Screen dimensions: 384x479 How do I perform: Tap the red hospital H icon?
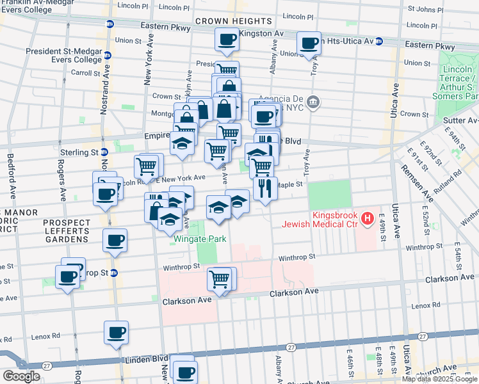(368, 219)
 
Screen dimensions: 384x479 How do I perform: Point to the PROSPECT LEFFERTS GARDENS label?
(67, 230)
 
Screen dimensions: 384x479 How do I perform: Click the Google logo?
(21, 376)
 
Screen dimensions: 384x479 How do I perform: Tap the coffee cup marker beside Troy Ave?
(309, 44)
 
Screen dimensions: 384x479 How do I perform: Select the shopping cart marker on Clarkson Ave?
(219, 279)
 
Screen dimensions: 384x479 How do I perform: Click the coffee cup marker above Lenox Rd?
(116, 333)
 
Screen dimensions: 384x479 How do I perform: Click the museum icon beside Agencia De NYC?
(313, 101)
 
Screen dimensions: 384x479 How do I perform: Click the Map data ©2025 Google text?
(439, 379)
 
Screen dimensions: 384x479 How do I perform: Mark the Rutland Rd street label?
(451, 186)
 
